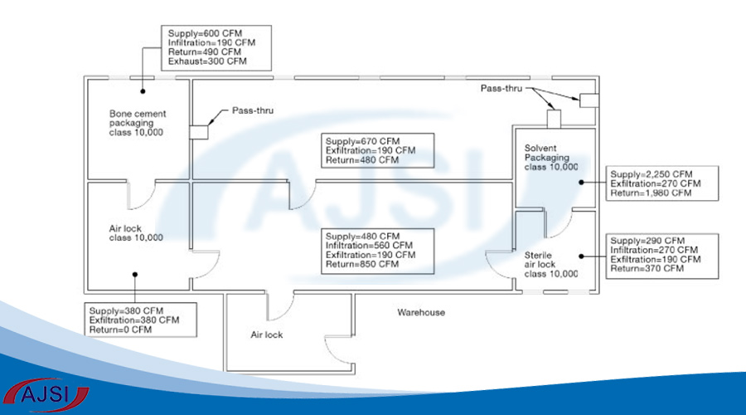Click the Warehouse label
pos(420,313)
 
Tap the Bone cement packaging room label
pos(136,122)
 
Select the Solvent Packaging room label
pos(551,158)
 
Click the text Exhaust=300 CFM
pos(207,62)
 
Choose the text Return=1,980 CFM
pos(651,193)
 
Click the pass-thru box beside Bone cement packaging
pos(199,131)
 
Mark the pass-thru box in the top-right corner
pos(588,100)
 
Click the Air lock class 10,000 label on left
pos(136,232)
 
